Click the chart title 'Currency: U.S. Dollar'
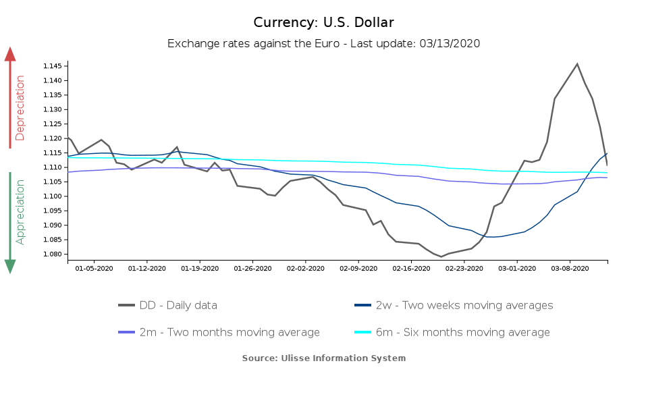pyautogui.click(x=323, y=22)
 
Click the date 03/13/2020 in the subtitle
pyautogui.click(x=450, y=43)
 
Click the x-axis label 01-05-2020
pyautogui.click(x=94, y=268)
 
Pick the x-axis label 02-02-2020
pyautogui.click(x=305, y=268)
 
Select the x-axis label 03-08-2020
pyautogui.click(x=570, y=268)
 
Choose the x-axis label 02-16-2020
pyautogui.click(x=411, y=268)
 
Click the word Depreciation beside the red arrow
pyautogui.click(x=20, y=107)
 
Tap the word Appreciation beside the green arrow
pyautogui.click(x=20, y=211)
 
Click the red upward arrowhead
pyautogui.click(x=10, y=54)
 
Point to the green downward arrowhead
pyautogui.click(x=10, y=266)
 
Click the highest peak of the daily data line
pyautogui.click(x=577, y=64)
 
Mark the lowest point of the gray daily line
pyautogui.click(x=441, y=256)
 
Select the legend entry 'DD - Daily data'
pyautogui.click(x=178, y=305)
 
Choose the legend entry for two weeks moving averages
pyautogui.click(x=464, y=305)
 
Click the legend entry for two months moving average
pyautogui.click(x=230, y=332)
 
